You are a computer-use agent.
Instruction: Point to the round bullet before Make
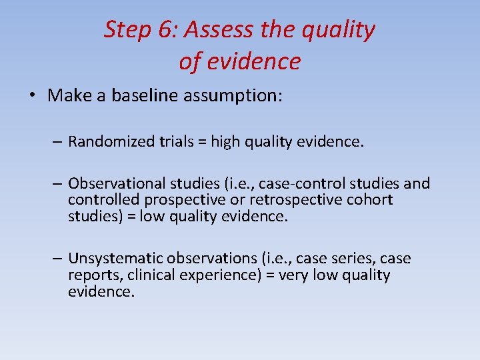coord(32,96)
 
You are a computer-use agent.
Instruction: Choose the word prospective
coord(175,200)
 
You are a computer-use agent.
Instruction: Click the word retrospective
coord(301,200)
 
